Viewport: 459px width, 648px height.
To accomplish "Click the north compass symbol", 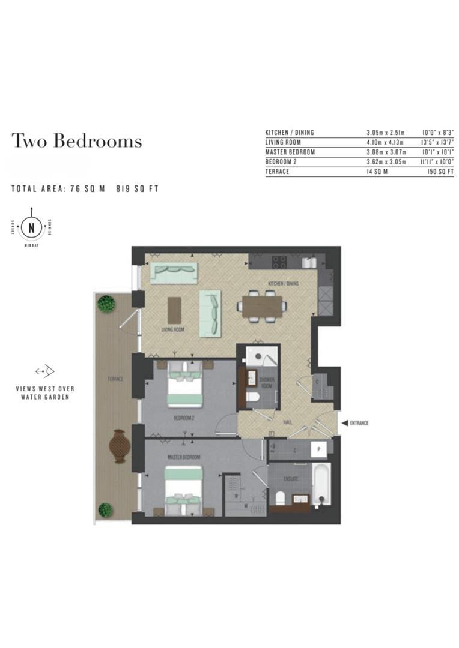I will pos(31,228).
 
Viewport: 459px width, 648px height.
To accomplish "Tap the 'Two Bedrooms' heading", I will pos(77,141).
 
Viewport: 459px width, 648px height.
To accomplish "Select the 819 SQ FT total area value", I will pos(137,188).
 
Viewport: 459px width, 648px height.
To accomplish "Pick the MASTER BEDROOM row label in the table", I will pos(290,152).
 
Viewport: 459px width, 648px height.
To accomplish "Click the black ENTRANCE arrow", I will pos(344,423).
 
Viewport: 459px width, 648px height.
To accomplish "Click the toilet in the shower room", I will pos(253,397).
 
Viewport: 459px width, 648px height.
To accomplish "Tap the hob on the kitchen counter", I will pos(279,262).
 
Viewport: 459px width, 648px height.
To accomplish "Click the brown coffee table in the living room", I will pos(174,310).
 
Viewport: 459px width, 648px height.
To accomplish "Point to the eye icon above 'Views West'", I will pos(45,371).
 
